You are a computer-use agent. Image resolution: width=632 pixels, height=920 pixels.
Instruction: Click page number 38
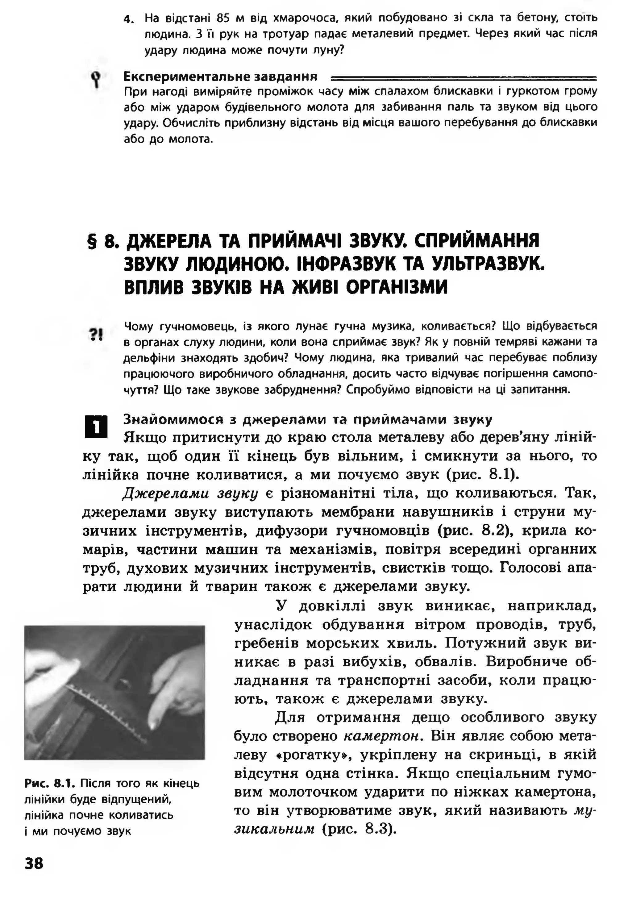[34, 863]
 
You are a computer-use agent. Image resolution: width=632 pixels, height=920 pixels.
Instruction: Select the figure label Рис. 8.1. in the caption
[50, 783]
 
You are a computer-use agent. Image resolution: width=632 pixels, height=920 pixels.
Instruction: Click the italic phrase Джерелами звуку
[190, 494]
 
